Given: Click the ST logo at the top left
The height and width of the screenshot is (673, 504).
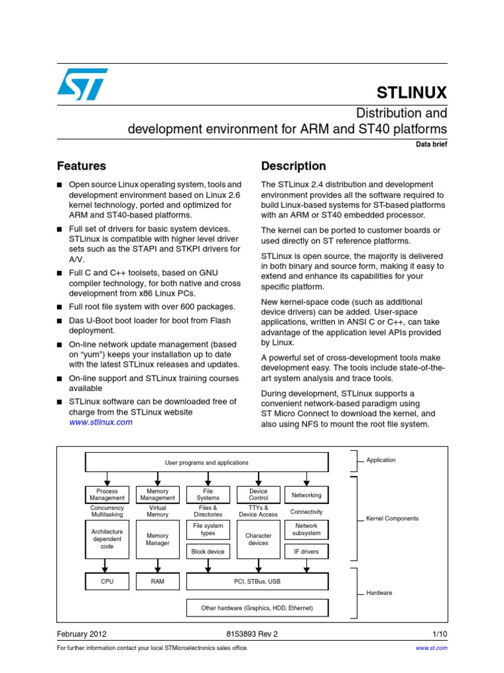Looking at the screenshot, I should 82,84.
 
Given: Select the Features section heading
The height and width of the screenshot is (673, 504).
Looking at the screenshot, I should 81,166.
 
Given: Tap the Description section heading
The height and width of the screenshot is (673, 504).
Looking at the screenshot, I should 293,166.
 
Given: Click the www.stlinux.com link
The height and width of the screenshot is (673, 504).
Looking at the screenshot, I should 100,422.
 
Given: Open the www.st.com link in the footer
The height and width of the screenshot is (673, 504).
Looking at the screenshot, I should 432,648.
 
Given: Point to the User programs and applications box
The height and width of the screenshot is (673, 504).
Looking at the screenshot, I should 207,463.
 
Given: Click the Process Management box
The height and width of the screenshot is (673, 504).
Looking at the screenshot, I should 107,495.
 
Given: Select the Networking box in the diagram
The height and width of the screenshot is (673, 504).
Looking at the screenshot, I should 306,495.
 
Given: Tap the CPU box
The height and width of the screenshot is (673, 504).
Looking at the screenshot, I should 107,582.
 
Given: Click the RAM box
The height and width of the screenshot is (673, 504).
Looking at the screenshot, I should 157,582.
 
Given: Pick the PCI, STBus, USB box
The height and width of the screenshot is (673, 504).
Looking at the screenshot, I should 257,582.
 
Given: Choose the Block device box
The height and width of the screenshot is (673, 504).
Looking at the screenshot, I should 208,552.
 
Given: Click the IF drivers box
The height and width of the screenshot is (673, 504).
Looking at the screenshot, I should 306,552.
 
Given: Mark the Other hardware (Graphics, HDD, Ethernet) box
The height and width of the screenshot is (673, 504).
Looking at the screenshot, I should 257,608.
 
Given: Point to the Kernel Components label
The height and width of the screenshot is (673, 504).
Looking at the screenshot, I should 392,519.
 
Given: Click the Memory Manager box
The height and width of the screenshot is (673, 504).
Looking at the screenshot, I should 157,540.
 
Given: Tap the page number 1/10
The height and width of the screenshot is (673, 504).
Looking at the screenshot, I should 440,634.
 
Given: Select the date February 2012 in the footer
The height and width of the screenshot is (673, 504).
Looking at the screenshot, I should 82,634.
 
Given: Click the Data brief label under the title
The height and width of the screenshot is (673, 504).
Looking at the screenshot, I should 431,145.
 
